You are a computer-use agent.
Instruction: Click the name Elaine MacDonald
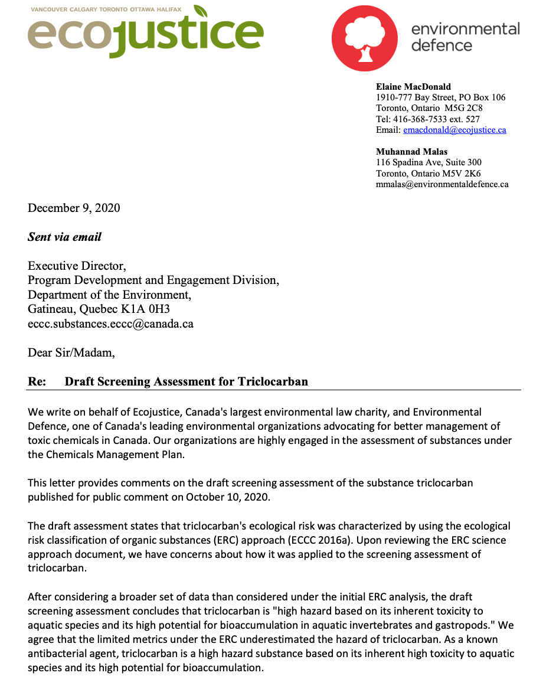pos(413,87)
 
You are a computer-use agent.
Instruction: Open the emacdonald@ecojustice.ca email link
pos(454,130)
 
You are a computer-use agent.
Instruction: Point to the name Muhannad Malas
pos(411,152)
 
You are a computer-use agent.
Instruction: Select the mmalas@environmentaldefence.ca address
pos(442,184)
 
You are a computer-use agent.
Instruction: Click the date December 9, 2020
pos(74,208)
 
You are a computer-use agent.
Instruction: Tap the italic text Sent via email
pos(64,237)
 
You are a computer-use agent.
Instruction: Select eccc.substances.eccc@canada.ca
pos(110,324)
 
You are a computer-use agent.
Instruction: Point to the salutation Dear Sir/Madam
pos(71,353)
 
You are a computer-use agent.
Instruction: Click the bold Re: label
pos(37,381)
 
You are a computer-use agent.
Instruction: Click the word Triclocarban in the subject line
pos(273,381)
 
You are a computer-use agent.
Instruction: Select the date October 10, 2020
pos(228,497)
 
